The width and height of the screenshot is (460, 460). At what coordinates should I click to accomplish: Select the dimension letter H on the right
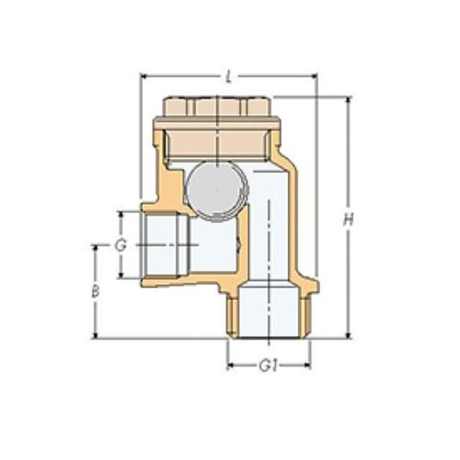(x=347, y=221)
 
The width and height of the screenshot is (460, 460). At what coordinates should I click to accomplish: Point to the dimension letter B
(x=95, y=292)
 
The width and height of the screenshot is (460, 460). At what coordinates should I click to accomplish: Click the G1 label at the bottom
(x=267, y=366)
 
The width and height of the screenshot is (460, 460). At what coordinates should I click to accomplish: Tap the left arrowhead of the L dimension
(x=144, y=75)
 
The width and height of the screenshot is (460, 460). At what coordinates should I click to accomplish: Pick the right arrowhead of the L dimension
(x=314, y=75)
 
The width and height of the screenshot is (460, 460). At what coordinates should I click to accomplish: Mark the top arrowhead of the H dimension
(x=347, y=100)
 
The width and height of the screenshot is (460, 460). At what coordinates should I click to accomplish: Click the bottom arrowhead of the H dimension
(x=347, y=335)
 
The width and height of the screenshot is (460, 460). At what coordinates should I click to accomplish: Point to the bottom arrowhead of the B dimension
(x=94, y=335)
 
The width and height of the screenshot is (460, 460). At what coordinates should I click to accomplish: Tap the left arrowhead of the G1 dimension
(x=230, y=366)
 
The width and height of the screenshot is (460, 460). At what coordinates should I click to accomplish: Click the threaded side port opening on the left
(x=164, y=244)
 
